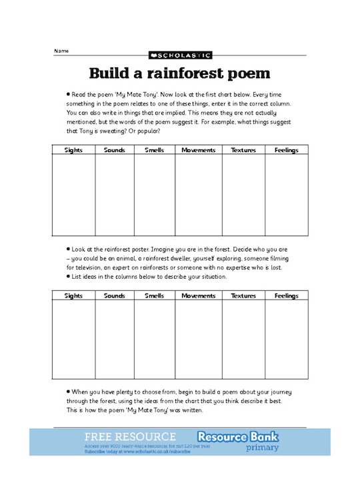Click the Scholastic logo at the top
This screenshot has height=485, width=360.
179,55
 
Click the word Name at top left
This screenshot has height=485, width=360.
61,51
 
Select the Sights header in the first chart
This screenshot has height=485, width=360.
73,150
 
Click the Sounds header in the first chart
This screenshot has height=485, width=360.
114,150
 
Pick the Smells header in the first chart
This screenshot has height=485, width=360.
154,150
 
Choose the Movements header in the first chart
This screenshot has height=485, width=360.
199,150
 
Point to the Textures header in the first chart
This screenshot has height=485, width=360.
243,150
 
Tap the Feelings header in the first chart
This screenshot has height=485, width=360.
287,150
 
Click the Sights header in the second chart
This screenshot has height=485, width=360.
73,295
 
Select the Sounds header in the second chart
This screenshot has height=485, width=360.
114,295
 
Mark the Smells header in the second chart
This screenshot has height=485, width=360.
154,295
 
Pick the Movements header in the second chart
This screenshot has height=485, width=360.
199,295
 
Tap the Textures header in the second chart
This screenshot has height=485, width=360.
243,295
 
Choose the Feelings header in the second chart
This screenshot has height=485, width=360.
287,295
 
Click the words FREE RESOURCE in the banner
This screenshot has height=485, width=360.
131,437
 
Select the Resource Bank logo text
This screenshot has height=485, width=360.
246,437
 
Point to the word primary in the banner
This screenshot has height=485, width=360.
263,448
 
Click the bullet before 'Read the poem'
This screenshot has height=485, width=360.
68,95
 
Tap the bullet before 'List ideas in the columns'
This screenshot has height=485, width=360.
68,276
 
